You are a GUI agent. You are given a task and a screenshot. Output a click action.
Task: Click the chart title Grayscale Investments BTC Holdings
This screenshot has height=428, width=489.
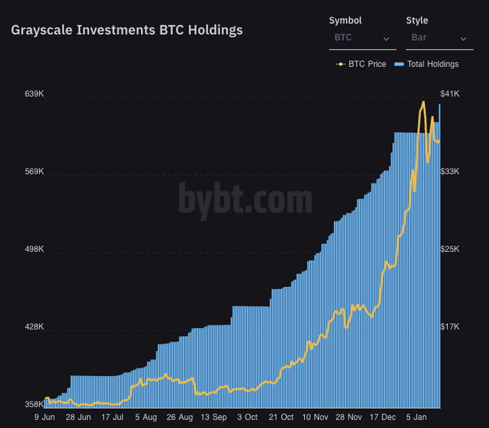pyautogui.click(x=127, y=30)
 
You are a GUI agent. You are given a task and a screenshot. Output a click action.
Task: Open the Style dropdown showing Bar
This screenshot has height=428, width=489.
pyautogui.click(x=439, y=37)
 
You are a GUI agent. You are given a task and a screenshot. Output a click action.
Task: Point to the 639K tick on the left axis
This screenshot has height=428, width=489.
pyautogui.click(x=35, y=94)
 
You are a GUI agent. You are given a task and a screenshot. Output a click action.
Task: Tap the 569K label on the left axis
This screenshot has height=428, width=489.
pyautogui.click(x=35, y=172)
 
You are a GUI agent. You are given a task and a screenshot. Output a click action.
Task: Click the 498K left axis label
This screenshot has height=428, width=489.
pyautogui.click(x=35, y=250)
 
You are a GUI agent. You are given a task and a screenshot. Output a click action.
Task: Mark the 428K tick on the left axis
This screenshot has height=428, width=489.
pyautogui.click(x=35, y=327)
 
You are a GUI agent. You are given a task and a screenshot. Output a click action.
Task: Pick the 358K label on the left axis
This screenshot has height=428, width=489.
pyautogui.click(x=35, y=404)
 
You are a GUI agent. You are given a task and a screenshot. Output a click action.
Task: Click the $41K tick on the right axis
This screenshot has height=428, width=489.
pyautogui.click(x=449, y=94)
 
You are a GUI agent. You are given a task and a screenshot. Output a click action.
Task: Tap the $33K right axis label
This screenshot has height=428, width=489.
pyautogui.click(x=449, y=172)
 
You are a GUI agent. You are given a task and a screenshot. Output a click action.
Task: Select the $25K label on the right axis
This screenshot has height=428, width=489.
pyautogui.click(x=449, y=250)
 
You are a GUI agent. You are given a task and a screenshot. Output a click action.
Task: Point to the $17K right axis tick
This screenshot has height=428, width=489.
pyautogui.click(x=449, y=327)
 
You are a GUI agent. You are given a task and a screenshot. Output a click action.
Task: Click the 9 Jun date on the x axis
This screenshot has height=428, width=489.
pyautogui.click(x=45, y=417)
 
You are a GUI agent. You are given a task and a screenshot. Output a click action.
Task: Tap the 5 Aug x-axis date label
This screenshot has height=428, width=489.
pyautogui.click(x=145, y=417)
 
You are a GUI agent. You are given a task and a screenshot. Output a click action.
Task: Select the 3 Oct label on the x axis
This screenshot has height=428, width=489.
pyautogui.click(x=247, y=417)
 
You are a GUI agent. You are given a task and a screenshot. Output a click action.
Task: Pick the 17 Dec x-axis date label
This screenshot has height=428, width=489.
pyautogui.click(x=383, y=417)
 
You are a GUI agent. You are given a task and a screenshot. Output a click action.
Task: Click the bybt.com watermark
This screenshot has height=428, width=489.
pyautogui.click(x=245, y=199)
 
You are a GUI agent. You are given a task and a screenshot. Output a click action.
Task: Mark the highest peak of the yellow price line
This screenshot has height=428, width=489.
pyautogui.click(x=423, y=102)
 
